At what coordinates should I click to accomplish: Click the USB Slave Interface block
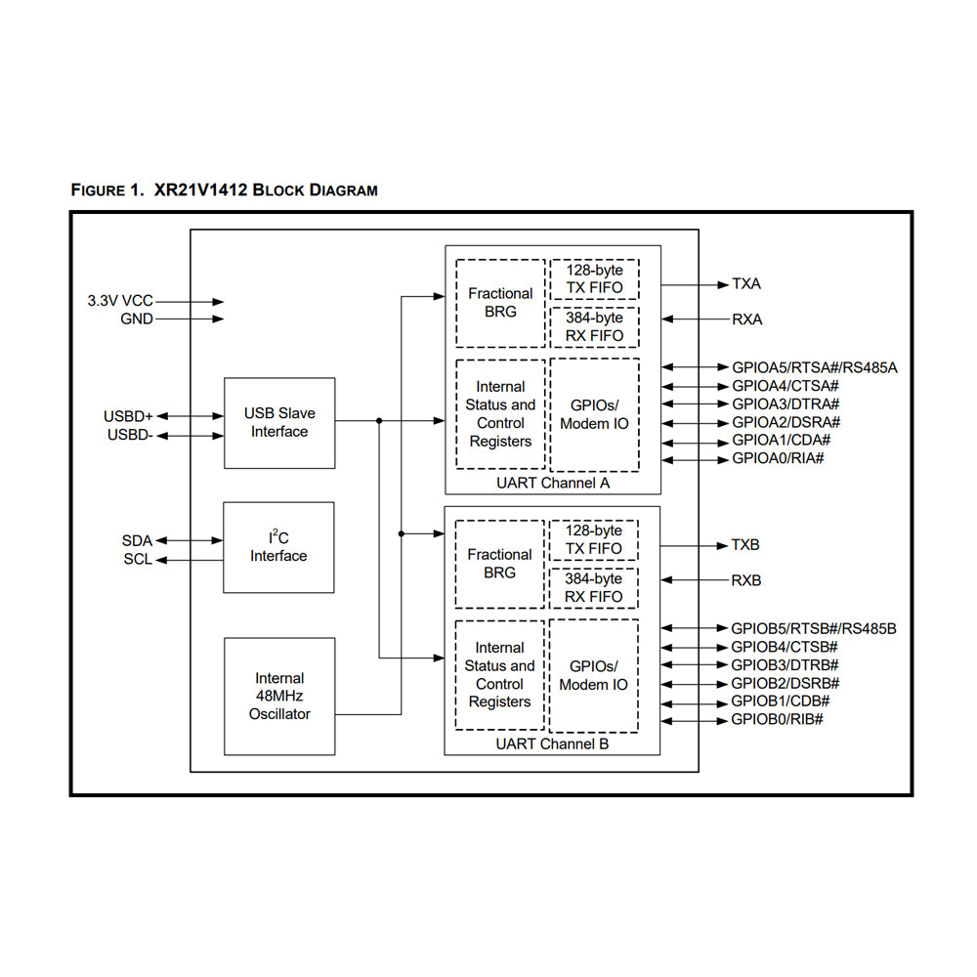coord(279,423)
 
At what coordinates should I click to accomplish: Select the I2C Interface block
coord(278,547)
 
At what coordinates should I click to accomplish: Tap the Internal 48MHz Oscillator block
coord(279,696)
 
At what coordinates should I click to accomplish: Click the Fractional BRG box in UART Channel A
coord(500,303)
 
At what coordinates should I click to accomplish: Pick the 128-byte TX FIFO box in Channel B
coord(594,539)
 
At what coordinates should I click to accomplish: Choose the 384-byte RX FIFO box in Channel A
coord(594,327)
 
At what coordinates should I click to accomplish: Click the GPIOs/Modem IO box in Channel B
coord(594,675)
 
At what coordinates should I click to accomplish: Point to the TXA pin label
coord(746,284)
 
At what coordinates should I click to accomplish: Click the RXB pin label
coord(746,580)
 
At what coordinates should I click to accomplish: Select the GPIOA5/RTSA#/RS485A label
coord(814,367)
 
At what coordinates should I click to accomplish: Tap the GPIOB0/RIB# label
coord(777,719)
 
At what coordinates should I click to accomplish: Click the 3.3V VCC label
coord(120,302)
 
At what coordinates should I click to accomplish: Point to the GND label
coord(137,319)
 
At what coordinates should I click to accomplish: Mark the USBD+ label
coord(128,417)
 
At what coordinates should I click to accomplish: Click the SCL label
coord(138,560)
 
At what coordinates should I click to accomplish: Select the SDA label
coord(138,540)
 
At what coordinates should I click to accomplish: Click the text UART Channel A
coord(553,484)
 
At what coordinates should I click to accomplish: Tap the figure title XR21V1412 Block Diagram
coord(225,191)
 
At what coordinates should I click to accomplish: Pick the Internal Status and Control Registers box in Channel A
coord(500,414)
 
